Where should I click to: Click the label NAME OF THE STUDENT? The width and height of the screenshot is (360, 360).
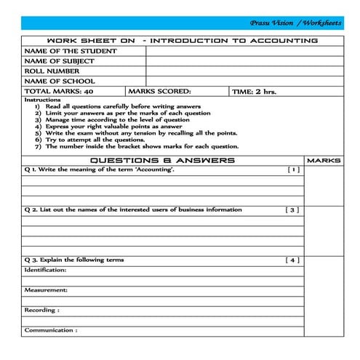(71, 52)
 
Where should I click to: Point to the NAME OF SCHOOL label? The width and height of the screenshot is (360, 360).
(60, 82)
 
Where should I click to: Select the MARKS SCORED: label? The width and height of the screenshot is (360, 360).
(159, 92)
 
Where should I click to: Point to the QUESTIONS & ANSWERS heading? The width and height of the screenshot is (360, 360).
(161, 160)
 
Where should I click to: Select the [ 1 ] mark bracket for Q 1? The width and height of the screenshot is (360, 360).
(292, 170)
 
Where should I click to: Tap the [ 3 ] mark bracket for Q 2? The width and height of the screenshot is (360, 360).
(292, 209)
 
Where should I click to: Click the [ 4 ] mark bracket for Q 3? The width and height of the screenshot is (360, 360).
(292, 260)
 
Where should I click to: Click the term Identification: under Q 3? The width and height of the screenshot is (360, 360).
(45, 270)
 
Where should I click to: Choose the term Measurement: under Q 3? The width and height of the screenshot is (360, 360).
(45, 289)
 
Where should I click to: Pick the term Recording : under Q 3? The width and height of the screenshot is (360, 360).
(41, 310)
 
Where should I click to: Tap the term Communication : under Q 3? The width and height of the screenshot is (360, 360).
(50, 330)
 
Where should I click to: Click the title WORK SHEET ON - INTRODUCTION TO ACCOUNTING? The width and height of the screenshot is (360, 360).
(182, 41)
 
